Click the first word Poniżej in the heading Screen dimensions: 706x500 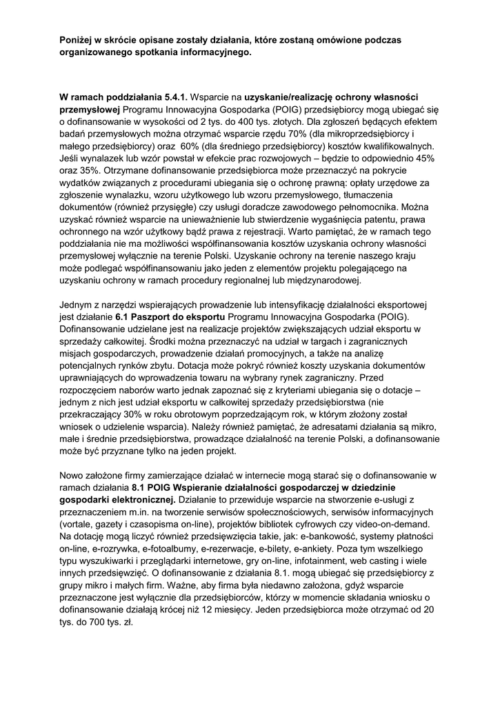point(78,40)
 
